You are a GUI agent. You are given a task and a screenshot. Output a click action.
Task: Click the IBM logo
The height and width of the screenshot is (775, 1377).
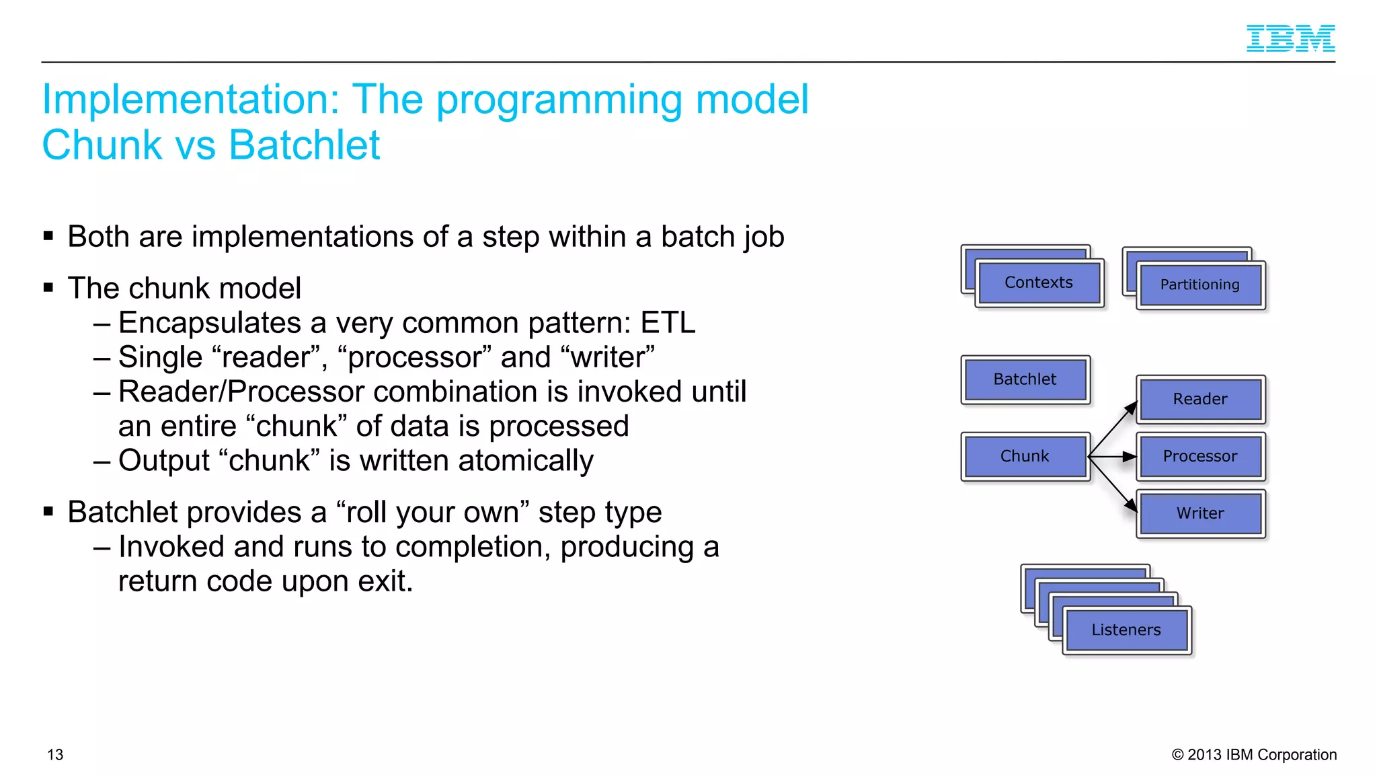(x=1290, y=38)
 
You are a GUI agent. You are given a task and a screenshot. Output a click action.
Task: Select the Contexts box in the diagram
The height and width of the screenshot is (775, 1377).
(x=1038, y=283)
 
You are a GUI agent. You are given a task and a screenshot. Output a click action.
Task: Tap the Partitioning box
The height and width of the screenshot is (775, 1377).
(x=1200, y=285)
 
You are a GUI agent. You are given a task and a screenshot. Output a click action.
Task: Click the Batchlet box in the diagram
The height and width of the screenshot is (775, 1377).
(x=1025, y=379)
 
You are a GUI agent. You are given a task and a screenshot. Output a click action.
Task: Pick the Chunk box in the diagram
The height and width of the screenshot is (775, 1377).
(x=1025, y=456)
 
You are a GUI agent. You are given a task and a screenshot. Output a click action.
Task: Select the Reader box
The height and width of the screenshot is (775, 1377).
(x=1200, y=399)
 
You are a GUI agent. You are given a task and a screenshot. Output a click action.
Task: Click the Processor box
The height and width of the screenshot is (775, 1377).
(x=1200, y=456)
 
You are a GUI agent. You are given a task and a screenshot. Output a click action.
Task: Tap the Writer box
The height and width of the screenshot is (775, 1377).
(x=1200, y=513)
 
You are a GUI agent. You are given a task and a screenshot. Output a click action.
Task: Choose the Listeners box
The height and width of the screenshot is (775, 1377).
(x=1126, y=630)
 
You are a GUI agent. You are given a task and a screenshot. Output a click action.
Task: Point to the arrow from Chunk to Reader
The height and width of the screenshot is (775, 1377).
(x=1112, y=429)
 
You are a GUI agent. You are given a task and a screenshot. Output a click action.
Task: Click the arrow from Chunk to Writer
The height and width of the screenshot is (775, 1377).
(x=1112, y=484)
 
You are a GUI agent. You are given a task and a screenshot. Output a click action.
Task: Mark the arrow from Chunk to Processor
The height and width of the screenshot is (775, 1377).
(x=1112, y=457)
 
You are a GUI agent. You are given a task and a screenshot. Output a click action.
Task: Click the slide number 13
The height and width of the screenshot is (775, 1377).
(x=55, y=755)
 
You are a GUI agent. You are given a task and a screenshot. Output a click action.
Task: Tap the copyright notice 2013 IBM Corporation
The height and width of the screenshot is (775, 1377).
(x=1254, y=755)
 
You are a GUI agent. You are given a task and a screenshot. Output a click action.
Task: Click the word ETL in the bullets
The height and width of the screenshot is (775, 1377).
(x=667, y=323)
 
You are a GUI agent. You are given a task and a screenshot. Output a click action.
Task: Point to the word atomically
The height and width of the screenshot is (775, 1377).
(x=525, y=462)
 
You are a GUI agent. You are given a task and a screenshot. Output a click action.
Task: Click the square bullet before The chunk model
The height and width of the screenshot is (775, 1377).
(x=48, y=288)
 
